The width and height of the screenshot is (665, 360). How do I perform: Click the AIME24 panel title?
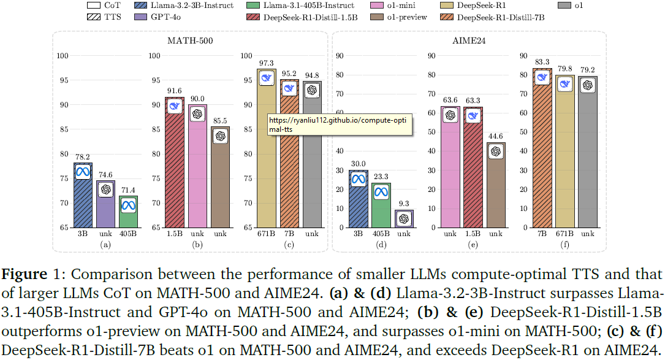(x=469, y=41)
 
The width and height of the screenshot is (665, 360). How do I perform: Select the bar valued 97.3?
(x=267, y=153)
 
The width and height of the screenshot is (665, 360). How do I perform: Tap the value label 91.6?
(x=174, y=90)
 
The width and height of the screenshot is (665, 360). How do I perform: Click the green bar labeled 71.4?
(x=128, y=212)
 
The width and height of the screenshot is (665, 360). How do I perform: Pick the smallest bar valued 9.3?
(x=404, y=218)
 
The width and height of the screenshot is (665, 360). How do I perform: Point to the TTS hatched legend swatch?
(x=94, y=17)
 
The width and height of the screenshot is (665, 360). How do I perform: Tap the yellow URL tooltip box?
(x=340, y=126)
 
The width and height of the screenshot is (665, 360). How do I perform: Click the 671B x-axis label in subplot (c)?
(x=267, y=234)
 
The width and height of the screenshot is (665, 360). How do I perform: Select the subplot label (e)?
(x=473, y=243)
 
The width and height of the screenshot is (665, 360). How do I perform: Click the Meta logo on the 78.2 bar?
(x=83, y=172)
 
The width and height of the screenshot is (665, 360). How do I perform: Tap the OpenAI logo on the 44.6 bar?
(x=495, y=152)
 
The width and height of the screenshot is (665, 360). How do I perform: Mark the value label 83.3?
(x=541, y=61)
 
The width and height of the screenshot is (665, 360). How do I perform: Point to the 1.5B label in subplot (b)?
(x=174, y=234)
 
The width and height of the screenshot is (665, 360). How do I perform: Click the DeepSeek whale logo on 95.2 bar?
(x=289, y=89)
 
